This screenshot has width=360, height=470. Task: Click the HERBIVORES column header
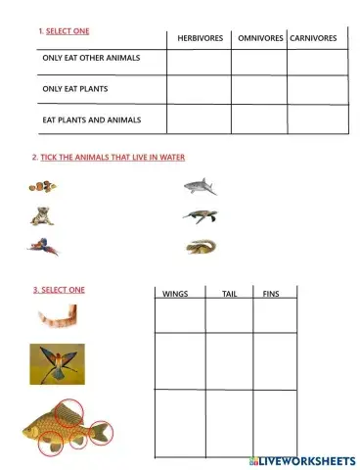[x=200, y=37]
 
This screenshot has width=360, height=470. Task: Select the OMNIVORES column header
[x=258, y=37]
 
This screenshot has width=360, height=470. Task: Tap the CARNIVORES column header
[x=313, y=37]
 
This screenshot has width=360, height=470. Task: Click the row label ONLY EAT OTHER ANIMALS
[x=91, y=58]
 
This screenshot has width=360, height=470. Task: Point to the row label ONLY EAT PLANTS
[x=74, y=89]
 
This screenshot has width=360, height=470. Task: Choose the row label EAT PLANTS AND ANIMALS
[x=92, y=119]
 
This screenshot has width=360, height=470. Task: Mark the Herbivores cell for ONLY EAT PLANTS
[x=199, y=89]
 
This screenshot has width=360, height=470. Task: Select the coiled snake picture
[x=201, y=247]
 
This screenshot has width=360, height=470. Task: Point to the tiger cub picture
[x=41, y=216]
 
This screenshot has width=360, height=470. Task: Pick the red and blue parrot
[x=42, y=248]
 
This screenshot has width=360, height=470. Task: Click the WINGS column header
[x=174, y=293]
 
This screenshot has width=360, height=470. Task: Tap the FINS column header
[x=271, y=293]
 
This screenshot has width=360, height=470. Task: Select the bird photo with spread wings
[x=56, y=362]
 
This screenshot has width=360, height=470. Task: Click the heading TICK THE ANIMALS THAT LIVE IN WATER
[x=112, y=157]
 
